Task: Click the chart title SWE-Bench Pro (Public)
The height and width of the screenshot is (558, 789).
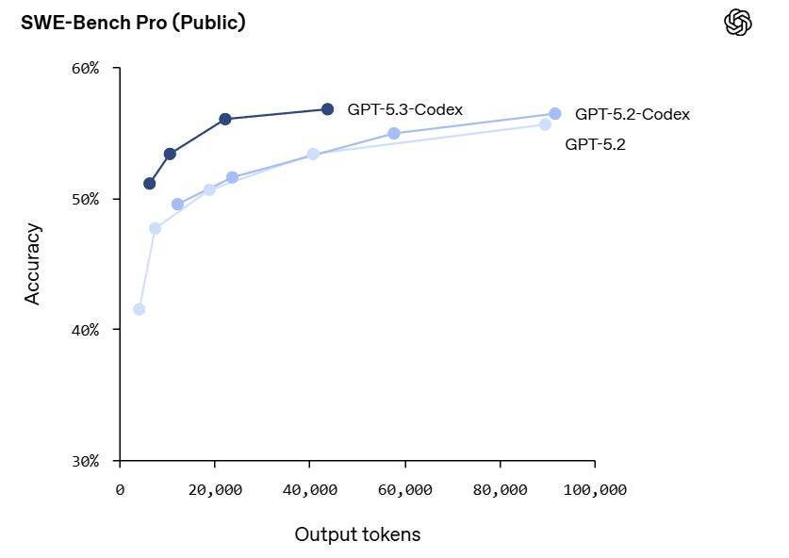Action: point(133,23)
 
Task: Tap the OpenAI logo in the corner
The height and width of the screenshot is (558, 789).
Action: point(737,23)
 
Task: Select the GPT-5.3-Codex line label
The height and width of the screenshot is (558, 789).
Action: point(404,109)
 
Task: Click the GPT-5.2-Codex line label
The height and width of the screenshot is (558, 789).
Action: point(633,114)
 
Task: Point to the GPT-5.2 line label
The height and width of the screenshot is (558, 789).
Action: point(595,144)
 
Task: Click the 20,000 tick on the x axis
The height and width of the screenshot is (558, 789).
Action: point(215,490)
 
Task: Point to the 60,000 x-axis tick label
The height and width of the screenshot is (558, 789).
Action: point(405,490)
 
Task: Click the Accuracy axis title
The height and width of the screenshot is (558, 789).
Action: point(33,263)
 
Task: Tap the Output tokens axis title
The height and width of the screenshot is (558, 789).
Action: point(357,534)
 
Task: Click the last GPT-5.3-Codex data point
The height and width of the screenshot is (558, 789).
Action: point(327,109)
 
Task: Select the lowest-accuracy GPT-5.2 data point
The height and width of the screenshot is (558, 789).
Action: point(140,309)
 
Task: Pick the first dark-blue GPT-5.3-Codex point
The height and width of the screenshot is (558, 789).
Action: point(150,183)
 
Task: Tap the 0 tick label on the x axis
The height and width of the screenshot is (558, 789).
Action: point(120,490)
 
